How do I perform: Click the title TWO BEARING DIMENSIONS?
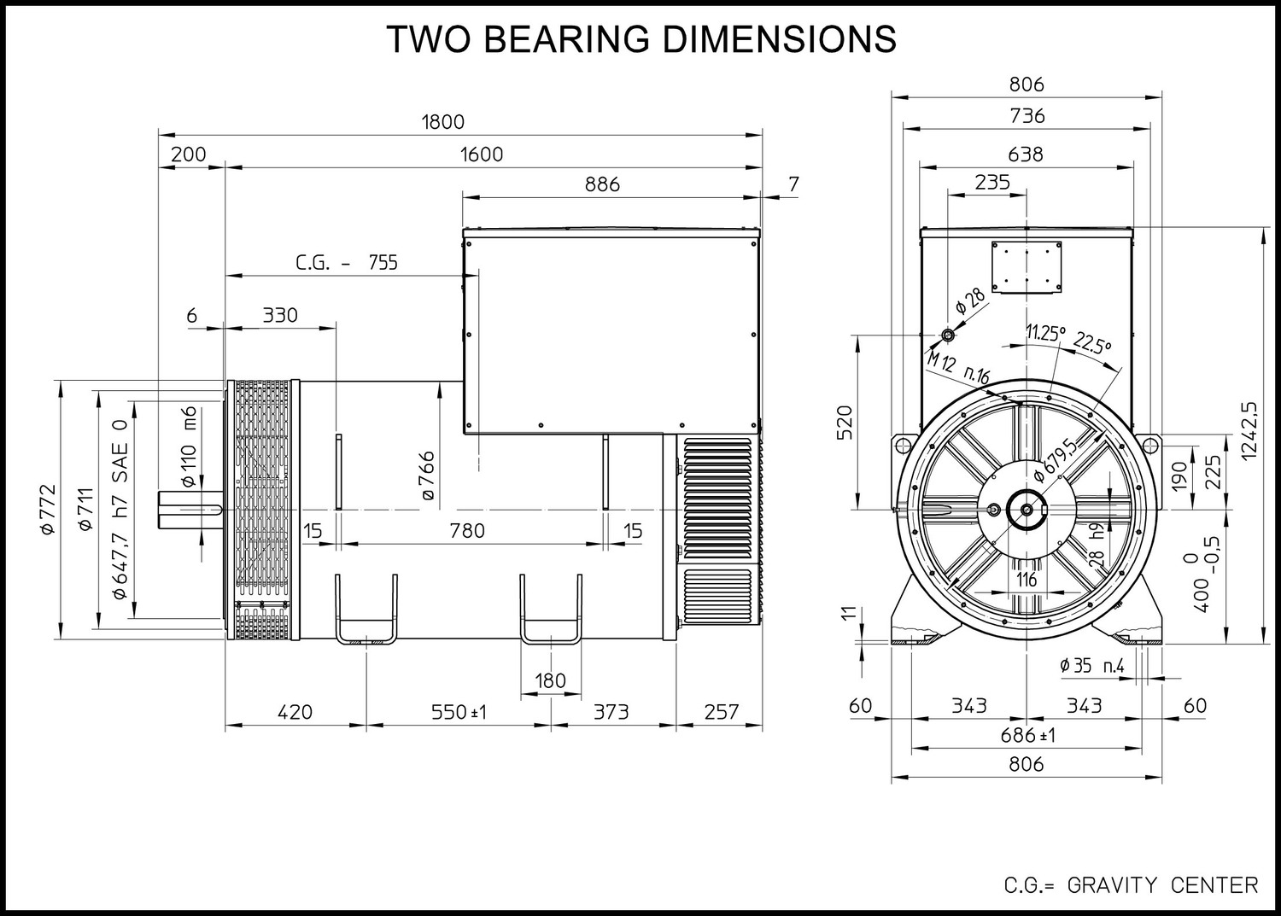click(x=641, y=39)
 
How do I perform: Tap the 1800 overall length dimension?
click(x=443, y=122)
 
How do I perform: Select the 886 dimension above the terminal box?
click(x=602, y=184)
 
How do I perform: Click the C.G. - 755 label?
click(x=347, y=262)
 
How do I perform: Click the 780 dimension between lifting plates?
click(x=467, y=531)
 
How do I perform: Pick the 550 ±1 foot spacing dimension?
click(x=458, y=712)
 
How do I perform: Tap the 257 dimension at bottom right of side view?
click(x=722, y=712)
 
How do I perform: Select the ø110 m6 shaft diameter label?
click(x=189, y=446)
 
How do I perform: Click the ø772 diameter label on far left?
click(x=48, y=509)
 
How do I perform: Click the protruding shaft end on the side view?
click(x=190, y=510)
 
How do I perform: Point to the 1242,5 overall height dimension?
click(x=1249, y=430)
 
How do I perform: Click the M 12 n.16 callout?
click(x=958, y=369)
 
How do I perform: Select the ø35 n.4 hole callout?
click(x=1091, y=666)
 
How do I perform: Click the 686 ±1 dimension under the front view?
click(x=1027, y=735)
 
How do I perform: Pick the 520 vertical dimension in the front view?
click(x=845, y=422)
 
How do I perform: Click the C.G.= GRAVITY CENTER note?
click(x=1132, y=886)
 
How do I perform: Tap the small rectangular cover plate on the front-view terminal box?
click(x=1027, y=267)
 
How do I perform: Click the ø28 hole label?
click(x=970, y=300)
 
